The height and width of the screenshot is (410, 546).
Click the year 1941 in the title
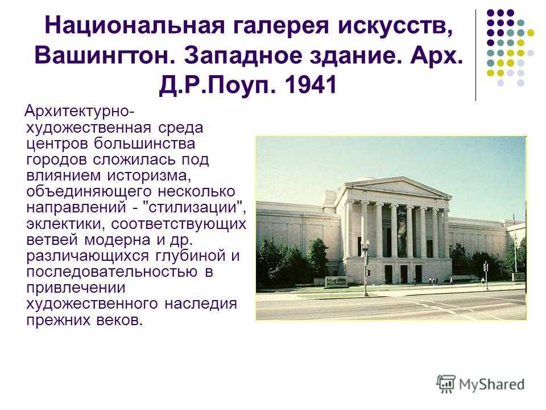pos(311,85)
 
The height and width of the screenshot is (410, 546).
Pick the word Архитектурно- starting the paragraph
pos(80,112)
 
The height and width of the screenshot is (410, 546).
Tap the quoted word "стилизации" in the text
pos(195,207)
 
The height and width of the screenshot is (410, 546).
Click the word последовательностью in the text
pos(111,271)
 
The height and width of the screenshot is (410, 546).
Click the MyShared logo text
pos(491,384)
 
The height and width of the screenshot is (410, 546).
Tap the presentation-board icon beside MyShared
pos(446,384)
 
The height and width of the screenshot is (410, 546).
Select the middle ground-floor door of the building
pos(404,274)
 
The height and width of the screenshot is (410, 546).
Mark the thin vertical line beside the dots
pos(475,55)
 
